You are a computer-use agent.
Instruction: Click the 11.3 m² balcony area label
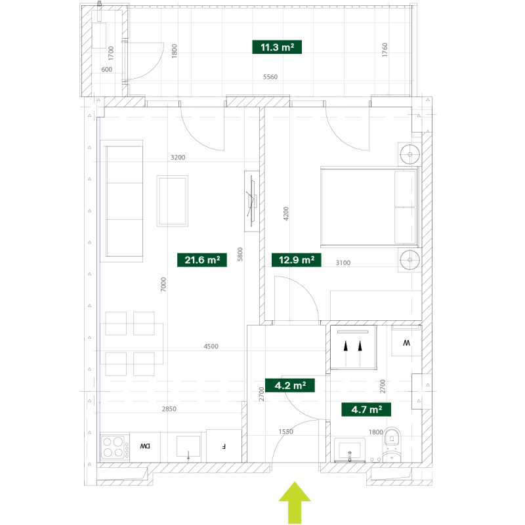point(277,47)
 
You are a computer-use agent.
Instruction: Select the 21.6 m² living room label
point(202,260)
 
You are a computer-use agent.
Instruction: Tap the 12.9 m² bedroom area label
point(297,260)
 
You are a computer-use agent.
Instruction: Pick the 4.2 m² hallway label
point(290,385)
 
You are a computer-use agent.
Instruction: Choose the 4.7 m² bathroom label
point(366,409)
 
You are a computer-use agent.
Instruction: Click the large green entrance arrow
point(295,503)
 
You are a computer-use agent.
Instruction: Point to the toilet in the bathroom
point(392,445)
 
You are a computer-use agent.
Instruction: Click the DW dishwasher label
point(145,446)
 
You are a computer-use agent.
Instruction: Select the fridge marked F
point(224,446)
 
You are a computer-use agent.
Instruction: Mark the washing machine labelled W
point(406,342)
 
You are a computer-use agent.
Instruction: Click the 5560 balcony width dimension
point(270,77)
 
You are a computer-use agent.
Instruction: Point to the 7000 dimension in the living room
point(163,285)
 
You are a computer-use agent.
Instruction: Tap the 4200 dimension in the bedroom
point(286,214)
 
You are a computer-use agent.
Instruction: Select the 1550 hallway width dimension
point(286,432)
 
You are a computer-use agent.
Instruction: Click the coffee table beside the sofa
point(173,201)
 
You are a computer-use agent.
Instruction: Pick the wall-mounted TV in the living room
point(252,201)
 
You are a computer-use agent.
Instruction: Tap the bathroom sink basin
point(350,450)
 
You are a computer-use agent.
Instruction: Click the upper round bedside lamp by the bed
point(409,154)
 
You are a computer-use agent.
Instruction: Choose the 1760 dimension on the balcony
point(385,50)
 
